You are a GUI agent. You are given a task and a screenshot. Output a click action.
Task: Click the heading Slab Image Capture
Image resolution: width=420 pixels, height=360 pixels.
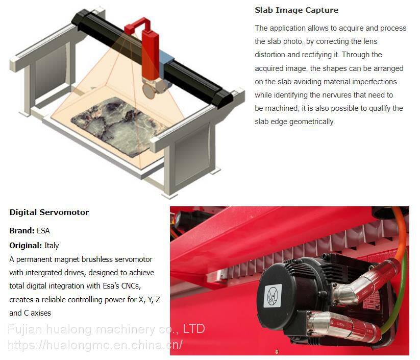[x=297, y=10]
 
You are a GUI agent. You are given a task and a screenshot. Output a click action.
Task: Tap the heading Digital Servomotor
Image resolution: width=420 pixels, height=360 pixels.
[x=49, y=212]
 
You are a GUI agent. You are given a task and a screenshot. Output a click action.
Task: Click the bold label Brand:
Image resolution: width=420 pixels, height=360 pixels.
[x=22, y=231]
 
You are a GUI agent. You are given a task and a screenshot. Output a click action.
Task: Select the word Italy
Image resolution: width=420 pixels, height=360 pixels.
[x=52, y=246]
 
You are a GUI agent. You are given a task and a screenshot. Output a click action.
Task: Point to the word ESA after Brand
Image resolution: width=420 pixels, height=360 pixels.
[x=43, y=231]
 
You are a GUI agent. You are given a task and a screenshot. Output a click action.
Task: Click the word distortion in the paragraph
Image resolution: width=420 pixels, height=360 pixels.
[x=270, y=55]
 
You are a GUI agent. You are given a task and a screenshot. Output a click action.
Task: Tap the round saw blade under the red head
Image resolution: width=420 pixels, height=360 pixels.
[x=149, y=90]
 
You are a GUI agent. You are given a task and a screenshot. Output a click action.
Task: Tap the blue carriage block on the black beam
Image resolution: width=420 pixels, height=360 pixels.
[x=167, y=59]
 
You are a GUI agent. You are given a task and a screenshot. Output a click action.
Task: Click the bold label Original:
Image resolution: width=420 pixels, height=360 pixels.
[x=26, y=246]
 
